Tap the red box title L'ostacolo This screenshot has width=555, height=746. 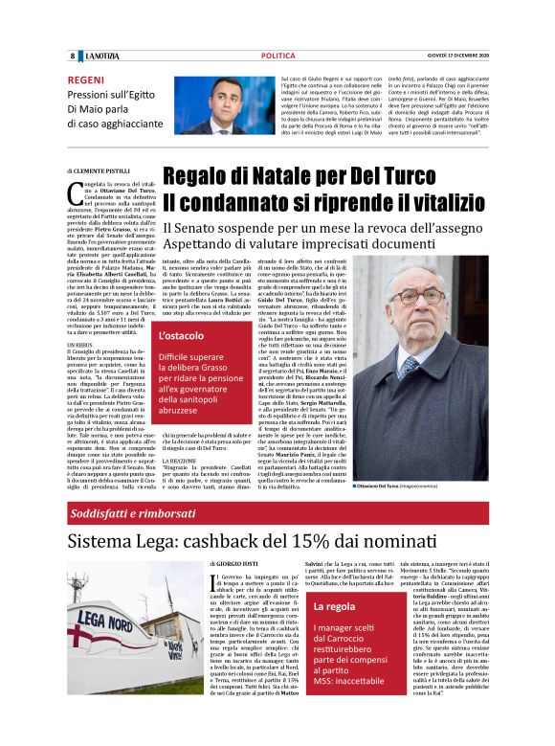[181, 336]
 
